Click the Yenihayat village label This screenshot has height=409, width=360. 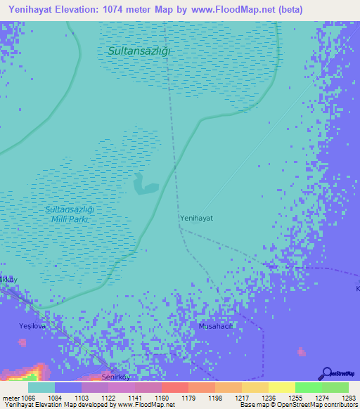[x=197, y=218]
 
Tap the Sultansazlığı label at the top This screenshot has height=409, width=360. [x=140, y=51]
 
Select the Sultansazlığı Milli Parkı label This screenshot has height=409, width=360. [x=69, y=214]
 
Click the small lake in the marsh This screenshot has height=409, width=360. [x=145, y=184]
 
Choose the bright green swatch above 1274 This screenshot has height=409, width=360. [x=308, y=387]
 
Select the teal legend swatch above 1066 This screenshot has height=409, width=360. [x=41, y=387]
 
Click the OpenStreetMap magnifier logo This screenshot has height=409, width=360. [x=326, y=374]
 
